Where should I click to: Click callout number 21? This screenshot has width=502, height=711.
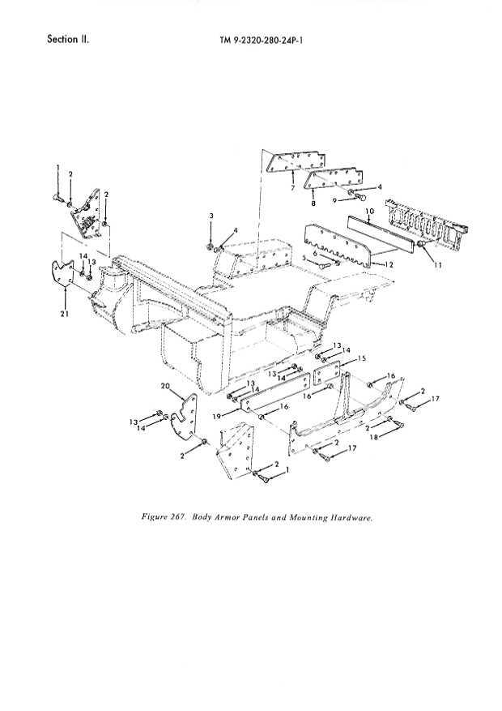click(x=63, y=315)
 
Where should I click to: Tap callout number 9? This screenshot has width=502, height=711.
click(x=333, y=199)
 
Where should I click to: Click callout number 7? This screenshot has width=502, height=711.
click(x=291, y=188)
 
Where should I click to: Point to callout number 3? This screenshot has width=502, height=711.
click(x=211, y=215)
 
